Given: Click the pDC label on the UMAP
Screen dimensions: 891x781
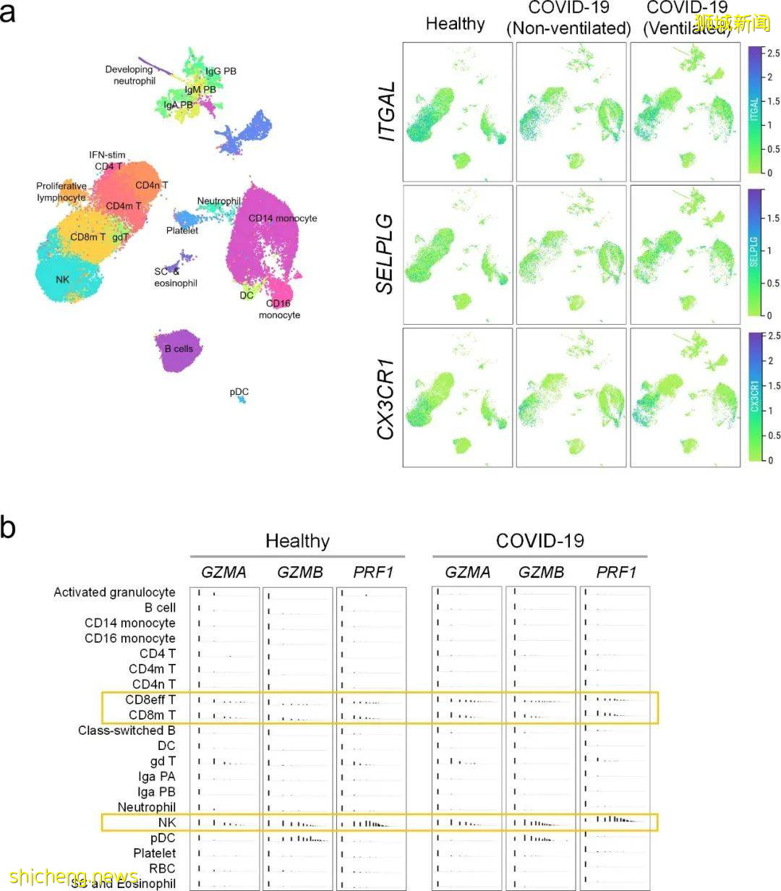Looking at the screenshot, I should point(239,392).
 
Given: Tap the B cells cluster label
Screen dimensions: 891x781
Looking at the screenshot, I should point(179,349).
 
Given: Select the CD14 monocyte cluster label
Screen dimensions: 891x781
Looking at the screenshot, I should point(282,218).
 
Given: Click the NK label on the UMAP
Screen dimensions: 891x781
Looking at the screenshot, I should point(62,278).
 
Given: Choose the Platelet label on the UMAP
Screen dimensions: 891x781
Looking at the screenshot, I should point(182,231).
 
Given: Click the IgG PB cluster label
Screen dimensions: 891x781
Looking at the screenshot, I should point(221,72).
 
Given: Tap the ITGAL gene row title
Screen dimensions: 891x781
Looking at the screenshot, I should point(387,111).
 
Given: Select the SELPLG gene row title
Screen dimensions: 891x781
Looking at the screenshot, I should point(387,253).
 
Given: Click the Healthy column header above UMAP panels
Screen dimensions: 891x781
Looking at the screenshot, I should point(455,24).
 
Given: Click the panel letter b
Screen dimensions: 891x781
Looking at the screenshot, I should point(8,526).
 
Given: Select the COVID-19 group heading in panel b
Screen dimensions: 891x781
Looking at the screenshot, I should point(539,541).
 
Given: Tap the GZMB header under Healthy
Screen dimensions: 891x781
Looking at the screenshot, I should point(297,573).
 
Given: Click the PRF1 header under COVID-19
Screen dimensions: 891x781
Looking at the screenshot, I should point(615,573).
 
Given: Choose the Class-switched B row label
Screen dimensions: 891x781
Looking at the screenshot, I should point(127,730).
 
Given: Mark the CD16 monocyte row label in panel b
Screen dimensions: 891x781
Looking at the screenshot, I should point(129,639).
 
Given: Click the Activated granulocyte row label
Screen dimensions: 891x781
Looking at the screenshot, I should point(114,592).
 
